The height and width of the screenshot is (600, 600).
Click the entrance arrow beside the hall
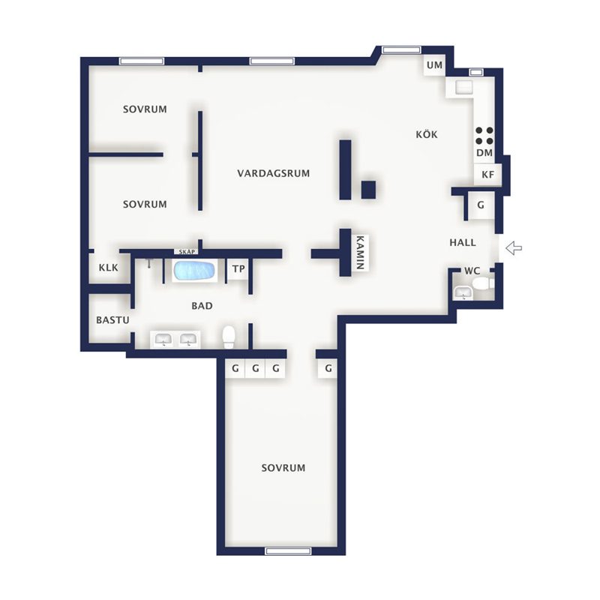(514, 248)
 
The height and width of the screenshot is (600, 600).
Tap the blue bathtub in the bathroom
(194, 271)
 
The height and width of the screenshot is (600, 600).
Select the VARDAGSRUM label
(273, 173)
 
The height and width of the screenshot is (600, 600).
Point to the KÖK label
(426, 134)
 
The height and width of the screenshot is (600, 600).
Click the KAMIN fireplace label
(360, 252)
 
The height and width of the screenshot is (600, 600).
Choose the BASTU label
(112, 320)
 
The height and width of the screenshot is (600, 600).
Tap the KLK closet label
(109, 268)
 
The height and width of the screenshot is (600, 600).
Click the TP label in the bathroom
(238, 269)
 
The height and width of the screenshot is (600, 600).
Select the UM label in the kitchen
(434, 65)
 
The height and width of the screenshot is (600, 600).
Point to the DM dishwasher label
(484, 153)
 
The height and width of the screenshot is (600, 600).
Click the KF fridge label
(487, 175)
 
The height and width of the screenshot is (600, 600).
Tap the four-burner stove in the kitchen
(484, 136)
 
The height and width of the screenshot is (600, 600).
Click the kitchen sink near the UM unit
(463, 87)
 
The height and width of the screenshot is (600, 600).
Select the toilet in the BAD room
(229, 337)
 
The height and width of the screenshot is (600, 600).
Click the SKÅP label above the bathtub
(187, 252)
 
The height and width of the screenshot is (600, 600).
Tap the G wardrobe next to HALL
(481, 205)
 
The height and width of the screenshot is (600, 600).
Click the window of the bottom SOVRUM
(288, 551)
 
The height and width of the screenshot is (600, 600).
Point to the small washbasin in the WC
(463, 292)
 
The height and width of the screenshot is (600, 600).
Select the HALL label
(463, 242)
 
